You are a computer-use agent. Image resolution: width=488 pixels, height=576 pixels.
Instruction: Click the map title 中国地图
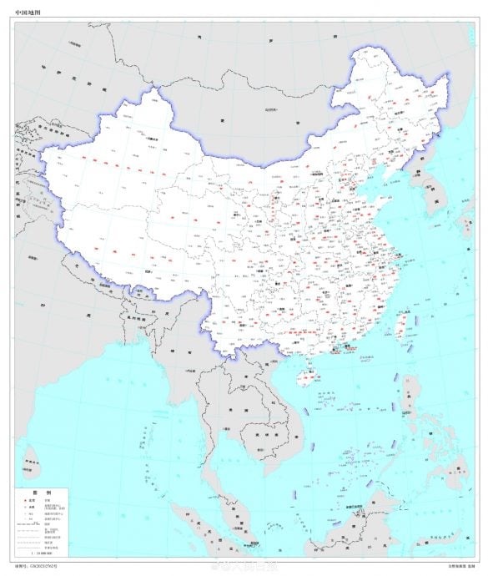[x=28, y=13]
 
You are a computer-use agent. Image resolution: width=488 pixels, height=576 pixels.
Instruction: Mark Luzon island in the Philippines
[x=407, y=409]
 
